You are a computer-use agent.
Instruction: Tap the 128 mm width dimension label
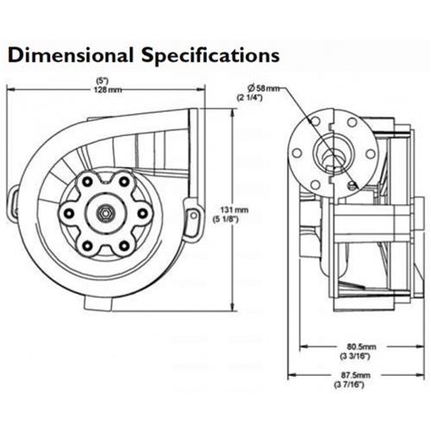point(108,90)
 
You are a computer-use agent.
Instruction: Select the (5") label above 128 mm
point(108,82)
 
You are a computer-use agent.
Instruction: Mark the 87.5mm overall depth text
point(349,378)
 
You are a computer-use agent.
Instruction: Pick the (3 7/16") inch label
point(349,386)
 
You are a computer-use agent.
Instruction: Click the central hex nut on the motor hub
point(103,211)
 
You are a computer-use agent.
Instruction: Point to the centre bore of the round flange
point(331,153)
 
